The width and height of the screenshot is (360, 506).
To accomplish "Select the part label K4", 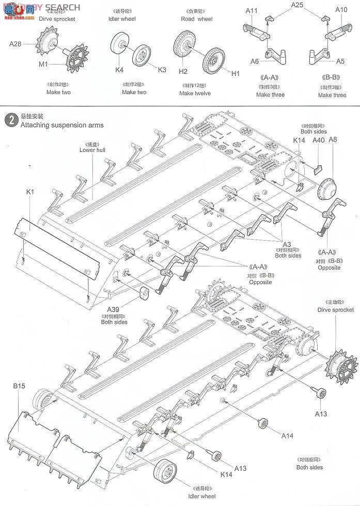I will [x=119, y=70].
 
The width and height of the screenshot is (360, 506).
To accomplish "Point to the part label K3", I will [x=162, y=70].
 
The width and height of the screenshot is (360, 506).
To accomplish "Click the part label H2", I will [x=183, y=71].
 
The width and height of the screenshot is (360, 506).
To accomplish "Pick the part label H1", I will [x=236, y=74].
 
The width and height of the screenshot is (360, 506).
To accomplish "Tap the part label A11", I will [x=252, y=10].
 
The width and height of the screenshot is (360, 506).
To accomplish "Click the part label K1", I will [x=29, y=193].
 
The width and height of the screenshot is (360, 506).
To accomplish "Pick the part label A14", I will [x=288, y=436].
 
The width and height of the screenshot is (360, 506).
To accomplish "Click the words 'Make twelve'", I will [x=195, y=93].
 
